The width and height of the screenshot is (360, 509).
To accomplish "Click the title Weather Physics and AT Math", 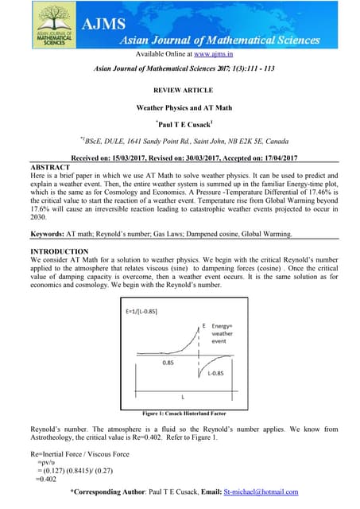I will pos(180,107).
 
